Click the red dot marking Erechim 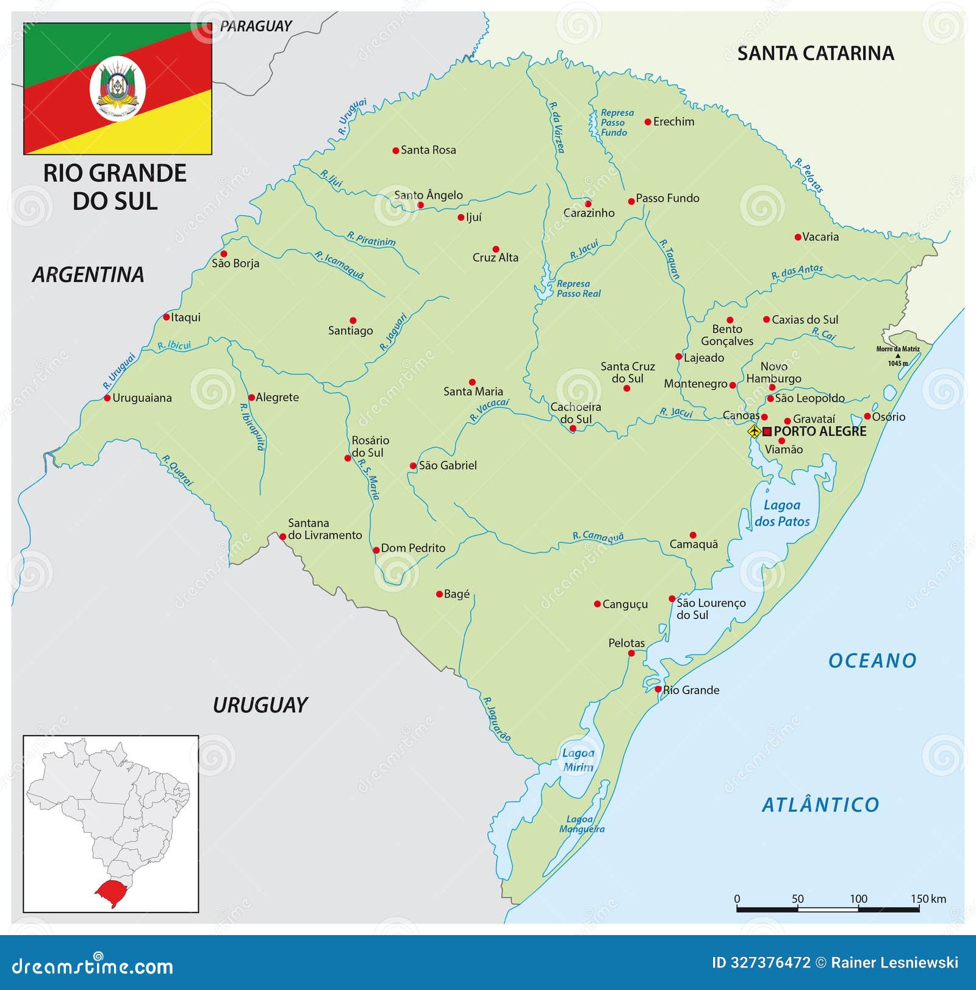[x=648, y=122]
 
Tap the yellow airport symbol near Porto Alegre [x=755, y=431]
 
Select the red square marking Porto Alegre [x=767, y=431]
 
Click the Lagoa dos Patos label [x=782, y=513]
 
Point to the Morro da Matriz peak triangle [x=898, y=356]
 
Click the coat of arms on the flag [x=118, y=89]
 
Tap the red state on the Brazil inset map [x=110, y=892]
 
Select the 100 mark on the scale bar [x=858, y=899]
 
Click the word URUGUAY [x=260, y=705]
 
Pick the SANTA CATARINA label [x=816, y=54]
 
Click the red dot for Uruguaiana [x=107, y=398]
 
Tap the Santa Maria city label [x=473, y=392]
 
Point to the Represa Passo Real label [x=578, y=289]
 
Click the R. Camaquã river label [x=598, y=537]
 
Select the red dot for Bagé [x=439, y=594]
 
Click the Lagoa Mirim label [x=578, y=760]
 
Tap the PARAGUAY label [x=256, y=26]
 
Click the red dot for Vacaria [x=797, y=237]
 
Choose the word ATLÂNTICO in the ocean [x=820, y=805]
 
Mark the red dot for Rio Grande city [x=658, y=689]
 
